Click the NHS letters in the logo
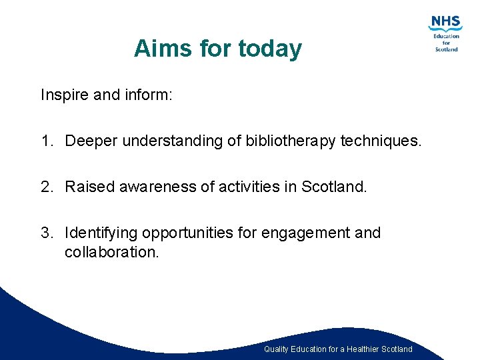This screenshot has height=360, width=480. tap(445, 23)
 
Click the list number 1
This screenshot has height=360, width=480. tap(45, 141)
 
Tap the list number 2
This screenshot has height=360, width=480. tap(45, 187)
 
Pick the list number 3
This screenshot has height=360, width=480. tap(45, 233)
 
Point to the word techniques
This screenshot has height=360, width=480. tap(381, 141)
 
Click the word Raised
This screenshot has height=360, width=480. tap(90, 187)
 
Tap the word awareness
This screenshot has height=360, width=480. tap(158, 187)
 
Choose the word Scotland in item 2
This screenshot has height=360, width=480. tap(334, 187)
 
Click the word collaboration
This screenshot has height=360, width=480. tap(112, 252)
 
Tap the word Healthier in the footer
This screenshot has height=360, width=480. tap(367, 349)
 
